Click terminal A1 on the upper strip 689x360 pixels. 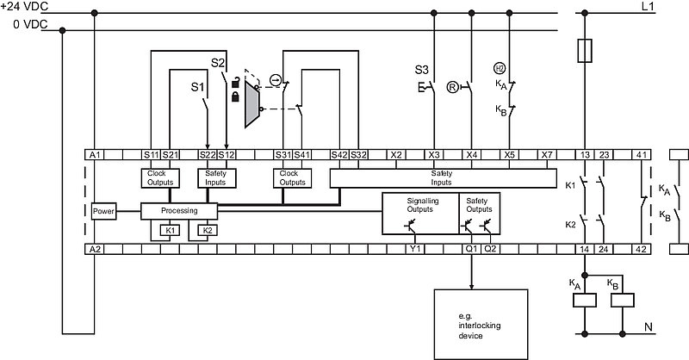95,155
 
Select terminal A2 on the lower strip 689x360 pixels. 95,249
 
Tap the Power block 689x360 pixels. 103,211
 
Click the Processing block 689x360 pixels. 179,211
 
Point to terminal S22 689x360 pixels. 208,155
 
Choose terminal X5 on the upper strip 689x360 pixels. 509,155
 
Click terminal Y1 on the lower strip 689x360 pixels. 415,249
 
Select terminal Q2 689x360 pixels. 490,249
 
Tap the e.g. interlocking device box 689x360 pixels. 481,325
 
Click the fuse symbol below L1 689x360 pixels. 585,51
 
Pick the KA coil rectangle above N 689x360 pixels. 585,301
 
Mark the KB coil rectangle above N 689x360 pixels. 622,301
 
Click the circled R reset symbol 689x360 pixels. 452,88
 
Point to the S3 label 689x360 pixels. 421,70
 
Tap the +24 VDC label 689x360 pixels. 24,6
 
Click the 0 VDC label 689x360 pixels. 30,24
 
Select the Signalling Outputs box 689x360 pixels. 420,214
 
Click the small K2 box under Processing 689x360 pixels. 208,230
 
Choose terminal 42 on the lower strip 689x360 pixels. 641,249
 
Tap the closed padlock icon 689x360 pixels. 235,96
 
